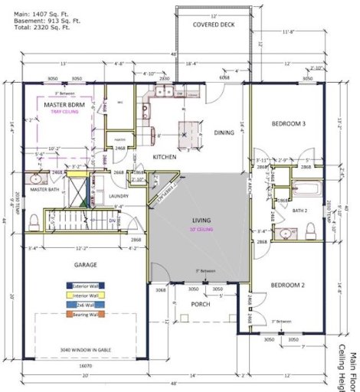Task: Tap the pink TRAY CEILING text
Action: [64, 113]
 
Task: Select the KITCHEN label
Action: [165, 157]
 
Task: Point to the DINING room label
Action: [224, 132]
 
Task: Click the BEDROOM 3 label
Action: [288, 124]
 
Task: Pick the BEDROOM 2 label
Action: [288, 285]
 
